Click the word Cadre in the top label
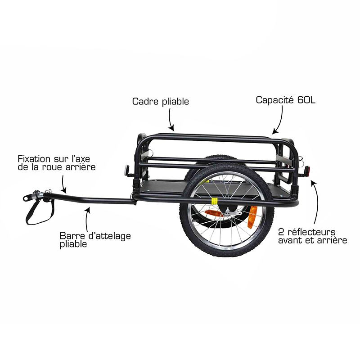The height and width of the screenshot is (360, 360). click(x=145, y=101)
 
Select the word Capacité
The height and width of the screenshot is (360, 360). click(x=275, y=100)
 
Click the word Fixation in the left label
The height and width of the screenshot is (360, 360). click(x=34, y=159)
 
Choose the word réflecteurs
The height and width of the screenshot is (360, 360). click(x=311, y=232)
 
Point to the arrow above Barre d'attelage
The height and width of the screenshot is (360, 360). click(x=87, y=219)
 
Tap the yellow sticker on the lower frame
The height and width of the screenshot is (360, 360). click(x=214, y=201)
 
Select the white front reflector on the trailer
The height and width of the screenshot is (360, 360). click(x=126, y=170)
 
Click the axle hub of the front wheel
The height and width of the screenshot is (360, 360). click(x=228, y=211)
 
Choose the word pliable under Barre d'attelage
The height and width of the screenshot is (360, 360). click(x=73, y=244)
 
